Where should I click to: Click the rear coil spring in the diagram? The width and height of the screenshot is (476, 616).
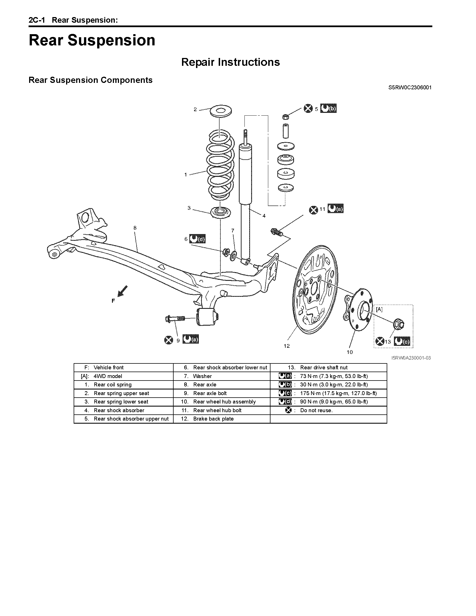pyautogui.click(x=221, y=166)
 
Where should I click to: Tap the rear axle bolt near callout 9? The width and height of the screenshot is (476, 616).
pyautogui.click(x=175, y=319)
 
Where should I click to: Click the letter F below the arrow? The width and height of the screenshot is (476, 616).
pyautogui.click(x=113, y=301)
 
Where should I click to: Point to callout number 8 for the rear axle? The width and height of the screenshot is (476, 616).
pyautogui.click(x=135, y=228)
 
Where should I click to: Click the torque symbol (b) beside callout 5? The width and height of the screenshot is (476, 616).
pyautogui.click(x=328, y=108)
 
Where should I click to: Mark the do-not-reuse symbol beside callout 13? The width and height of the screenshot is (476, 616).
pyautogui.click(x=380, y=341)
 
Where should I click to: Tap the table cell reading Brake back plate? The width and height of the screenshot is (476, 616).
pyautogui.click(x=213, y=419)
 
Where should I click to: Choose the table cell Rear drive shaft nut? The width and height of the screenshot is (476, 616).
pyautogui.click(x=324, y=368)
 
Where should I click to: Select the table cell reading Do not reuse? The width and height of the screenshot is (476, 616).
pyautogui.click(x=316, y=410)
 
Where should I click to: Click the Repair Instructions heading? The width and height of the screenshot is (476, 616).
pyautogui.click(x=230, y=62)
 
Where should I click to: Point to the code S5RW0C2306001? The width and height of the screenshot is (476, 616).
pyautogui.click(x=410, y=87)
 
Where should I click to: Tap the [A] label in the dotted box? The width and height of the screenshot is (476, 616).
pyautogui.click(x=379, y=309)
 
